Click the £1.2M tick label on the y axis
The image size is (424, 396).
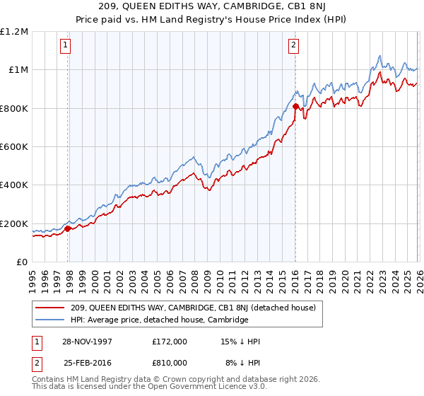[x=14, y=32]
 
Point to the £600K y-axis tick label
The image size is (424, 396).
[x=14, y=147]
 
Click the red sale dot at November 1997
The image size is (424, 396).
[x=68, y=228]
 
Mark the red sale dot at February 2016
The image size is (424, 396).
[x=295, y=107]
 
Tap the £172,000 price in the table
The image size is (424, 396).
[x=170, y=342]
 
